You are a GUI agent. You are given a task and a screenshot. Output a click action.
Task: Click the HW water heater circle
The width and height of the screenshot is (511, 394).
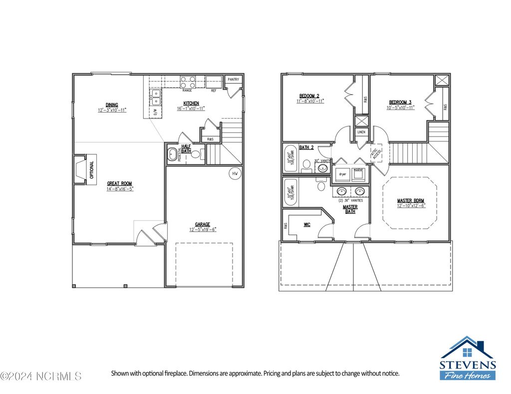click(235, 173)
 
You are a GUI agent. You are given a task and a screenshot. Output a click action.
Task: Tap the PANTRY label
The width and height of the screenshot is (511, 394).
click(233, 80)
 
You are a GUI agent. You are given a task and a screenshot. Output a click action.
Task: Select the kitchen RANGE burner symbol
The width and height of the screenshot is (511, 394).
click(188, 82)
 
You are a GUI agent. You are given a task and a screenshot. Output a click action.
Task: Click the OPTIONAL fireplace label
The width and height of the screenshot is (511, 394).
click(91, 170)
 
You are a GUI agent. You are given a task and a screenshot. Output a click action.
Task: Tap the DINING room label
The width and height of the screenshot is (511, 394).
click(112, 105)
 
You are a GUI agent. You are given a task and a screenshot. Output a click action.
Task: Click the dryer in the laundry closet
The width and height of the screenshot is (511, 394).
click(343, 174)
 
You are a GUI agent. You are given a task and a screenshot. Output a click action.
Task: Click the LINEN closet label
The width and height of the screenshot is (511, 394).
click(361, 132)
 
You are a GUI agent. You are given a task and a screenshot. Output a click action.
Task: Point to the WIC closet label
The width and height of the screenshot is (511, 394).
click(307, 225)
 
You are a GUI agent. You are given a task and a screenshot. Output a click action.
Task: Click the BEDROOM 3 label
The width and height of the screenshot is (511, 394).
click(400, 102)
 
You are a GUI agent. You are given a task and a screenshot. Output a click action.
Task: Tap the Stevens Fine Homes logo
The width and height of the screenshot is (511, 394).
click(467, 359)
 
